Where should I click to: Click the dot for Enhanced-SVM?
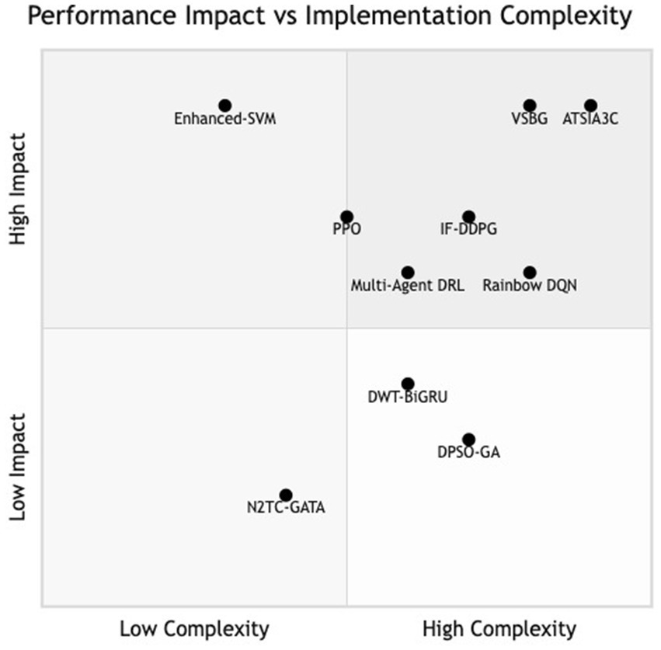[x=224, y=106]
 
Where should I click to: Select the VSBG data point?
[x=530, y=106]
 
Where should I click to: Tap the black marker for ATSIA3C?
[x=590, y=106]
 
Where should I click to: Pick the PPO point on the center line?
[x=346, y=217]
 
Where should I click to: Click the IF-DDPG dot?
[x=468, y=217]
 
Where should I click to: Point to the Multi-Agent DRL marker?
[x=408, y=273]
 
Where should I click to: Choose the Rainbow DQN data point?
[x=530, y=273]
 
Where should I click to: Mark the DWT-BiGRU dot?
[x=408, y=384]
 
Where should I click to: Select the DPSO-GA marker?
[x=468, y=440]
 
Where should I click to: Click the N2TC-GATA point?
[x=286, y=495]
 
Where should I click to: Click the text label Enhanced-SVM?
[x=224, y=120]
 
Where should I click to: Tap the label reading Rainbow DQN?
[x=530, y=286]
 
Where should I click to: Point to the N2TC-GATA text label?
[x=286, y=509]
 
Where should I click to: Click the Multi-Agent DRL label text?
[x=408, y=286]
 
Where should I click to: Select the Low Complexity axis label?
[x=194, y=628]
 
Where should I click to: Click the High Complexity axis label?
[x=499, y=628]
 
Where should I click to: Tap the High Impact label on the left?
[x=18, y=189]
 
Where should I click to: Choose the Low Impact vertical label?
[x=18, y=466]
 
